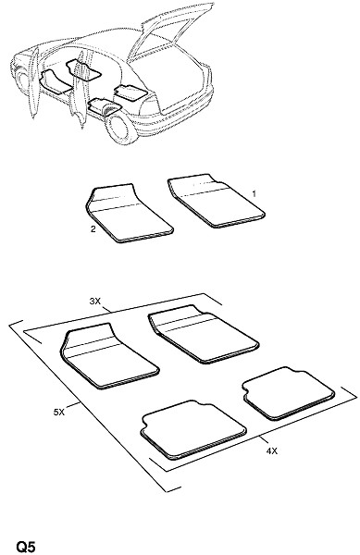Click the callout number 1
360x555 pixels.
click(x=254, y=193)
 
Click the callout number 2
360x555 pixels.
click(x=93, y=229)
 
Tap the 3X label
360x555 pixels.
click(x=95, y=302)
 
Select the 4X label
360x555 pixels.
click(x=271, y=451)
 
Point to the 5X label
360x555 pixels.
click(x=59, y=412)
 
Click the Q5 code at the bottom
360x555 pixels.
click(x=26, y=547)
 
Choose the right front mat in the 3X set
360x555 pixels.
click(x=204, y=334)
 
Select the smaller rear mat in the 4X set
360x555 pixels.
click(x=289, y=393)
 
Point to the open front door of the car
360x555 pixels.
click(x=33, y=83)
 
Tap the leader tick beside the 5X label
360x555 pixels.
click(x=73, y=406)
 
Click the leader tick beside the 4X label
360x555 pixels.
click(x=262, y=440)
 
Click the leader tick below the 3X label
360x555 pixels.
click(x=106, y=309)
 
